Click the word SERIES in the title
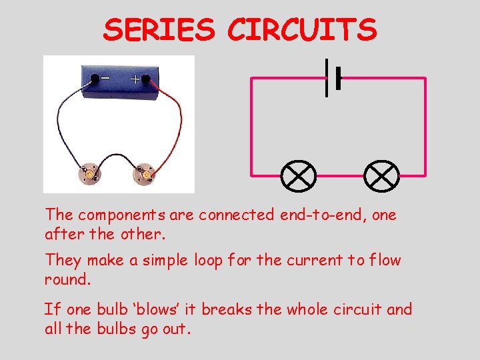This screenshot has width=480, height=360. click(160, 30)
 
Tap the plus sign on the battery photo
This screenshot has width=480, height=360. click(135, 79)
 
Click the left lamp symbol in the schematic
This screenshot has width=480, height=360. click(298, 175)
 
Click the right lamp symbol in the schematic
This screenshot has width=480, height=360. click(381, 175)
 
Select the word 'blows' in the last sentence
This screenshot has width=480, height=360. click(161, 309)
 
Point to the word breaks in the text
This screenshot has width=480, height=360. click(224, 309)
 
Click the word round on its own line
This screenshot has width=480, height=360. click(67, 280)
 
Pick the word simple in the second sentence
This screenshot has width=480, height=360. click(158, 261)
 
